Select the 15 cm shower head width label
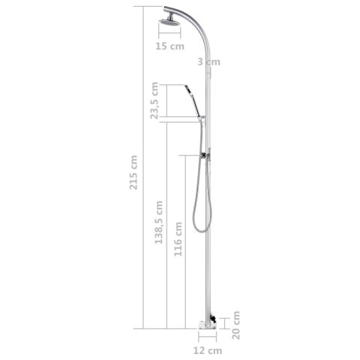[169, 46]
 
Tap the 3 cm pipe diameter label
[208, 62]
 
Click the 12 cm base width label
[207, 350]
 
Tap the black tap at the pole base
[214, 319]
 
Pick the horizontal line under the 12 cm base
[207, 337]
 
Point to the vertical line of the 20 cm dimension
[226, 320]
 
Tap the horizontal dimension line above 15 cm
[169, 34]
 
